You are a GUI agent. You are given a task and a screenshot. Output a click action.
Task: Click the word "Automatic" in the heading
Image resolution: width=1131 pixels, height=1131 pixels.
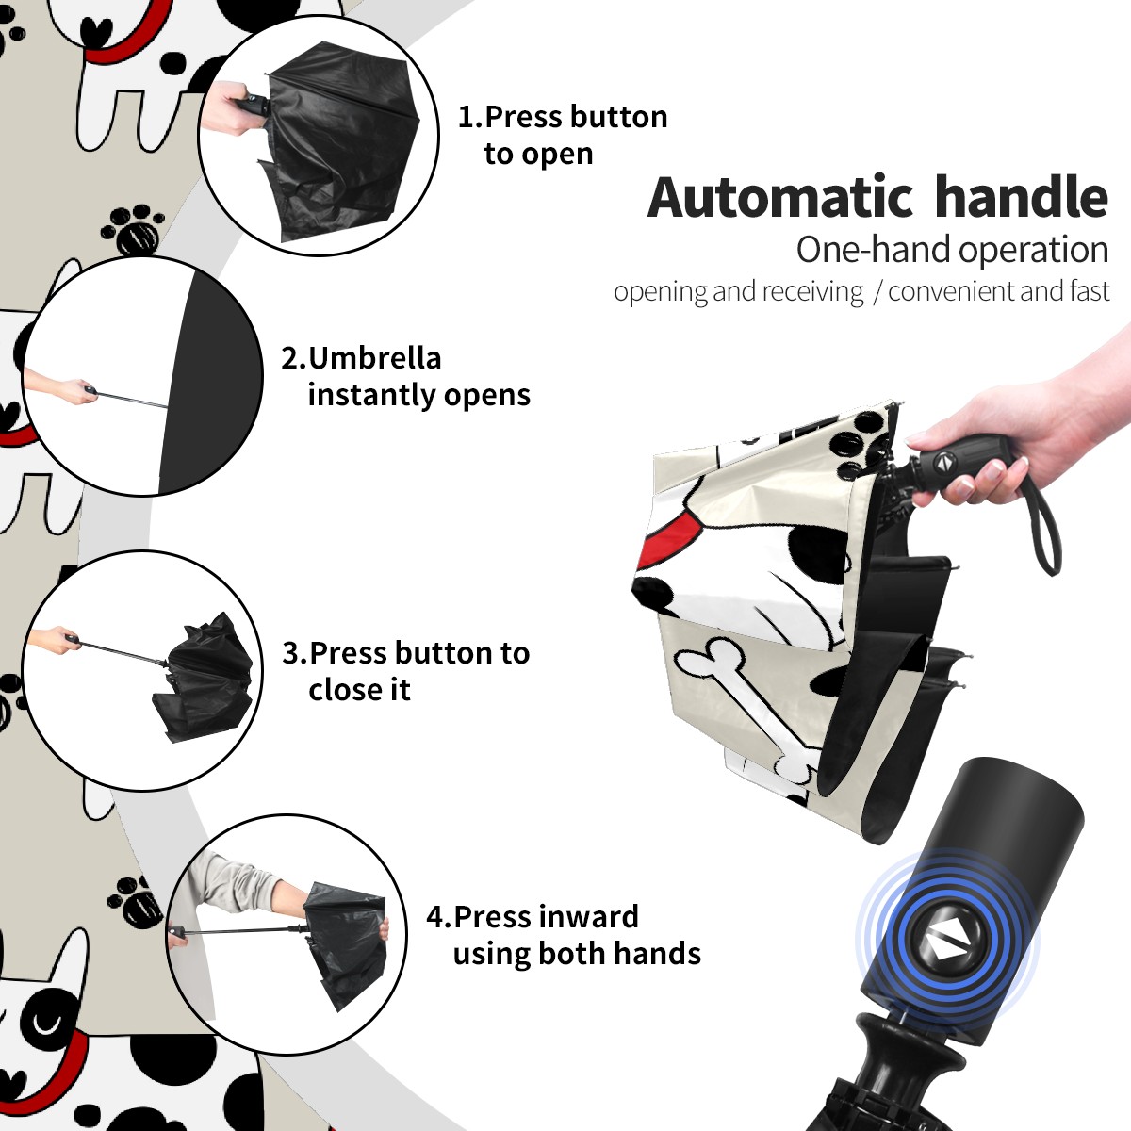pyautogui.click(x=780, y=197)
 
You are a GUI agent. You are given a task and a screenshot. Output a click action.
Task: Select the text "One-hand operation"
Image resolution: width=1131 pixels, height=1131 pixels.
pyautogui.click(x=952, y=251)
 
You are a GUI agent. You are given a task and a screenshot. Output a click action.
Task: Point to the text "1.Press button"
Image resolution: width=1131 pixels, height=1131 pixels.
pyautogui.click(x=563, y=117)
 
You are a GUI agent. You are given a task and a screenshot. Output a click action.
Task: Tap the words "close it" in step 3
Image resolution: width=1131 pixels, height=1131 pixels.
pyautogui.click(x=359, y=690)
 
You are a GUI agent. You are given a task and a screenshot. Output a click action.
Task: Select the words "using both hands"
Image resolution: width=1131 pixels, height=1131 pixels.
pyautogui.click(x=577, y=954)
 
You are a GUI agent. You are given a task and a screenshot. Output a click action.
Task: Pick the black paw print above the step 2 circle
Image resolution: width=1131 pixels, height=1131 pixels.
pyautogui.click(x=134, y=231)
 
